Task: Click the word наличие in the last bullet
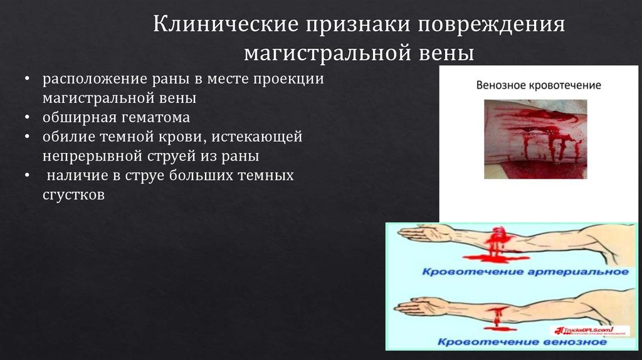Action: tap(76, 176)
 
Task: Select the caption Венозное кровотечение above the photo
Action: tap(539, 85)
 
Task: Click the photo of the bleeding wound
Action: tap(535, 139)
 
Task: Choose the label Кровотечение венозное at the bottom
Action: tap(522, 342)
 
